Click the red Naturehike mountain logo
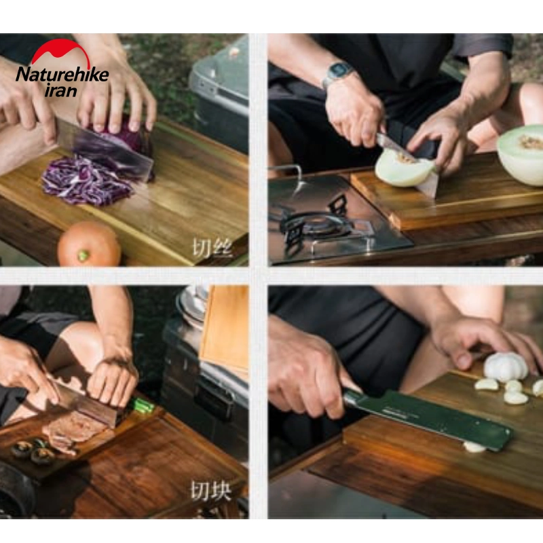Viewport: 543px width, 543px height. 61,52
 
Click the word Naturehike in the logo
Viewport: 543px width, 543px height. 62,75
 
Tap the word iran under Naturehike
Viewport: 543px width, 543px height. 61,90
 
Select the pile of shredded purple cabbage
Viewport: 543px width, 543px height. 87,181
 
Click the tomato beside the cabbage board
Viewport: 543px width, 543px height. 89,244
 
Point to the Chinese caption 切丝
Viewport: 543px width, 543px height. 212,248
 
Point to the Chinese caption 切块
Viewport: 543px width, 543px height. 210,490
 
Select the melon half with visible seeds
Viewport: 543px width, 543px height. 521,154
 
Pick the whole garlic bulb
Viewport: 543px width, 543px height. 506,367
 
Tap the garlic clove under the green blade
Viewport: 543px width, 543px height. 474,447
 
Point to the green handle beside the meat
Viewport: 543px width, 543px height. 142,406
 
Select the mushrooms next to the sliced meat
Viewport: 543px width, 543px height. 33,451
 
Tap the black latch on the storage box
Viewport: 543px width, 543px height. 212,398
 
